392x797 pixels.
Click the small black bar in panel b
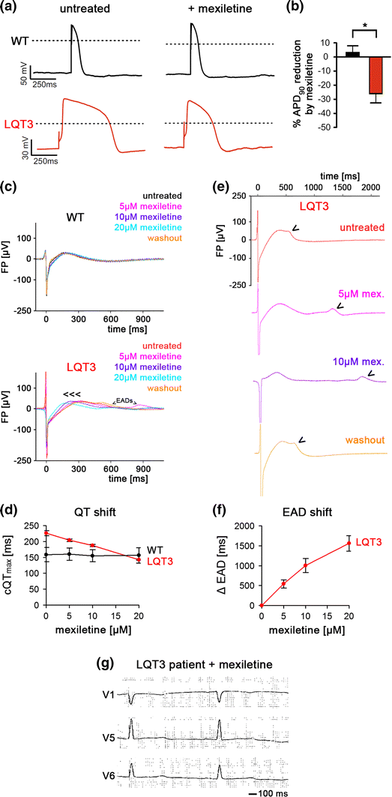point(331,54)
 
